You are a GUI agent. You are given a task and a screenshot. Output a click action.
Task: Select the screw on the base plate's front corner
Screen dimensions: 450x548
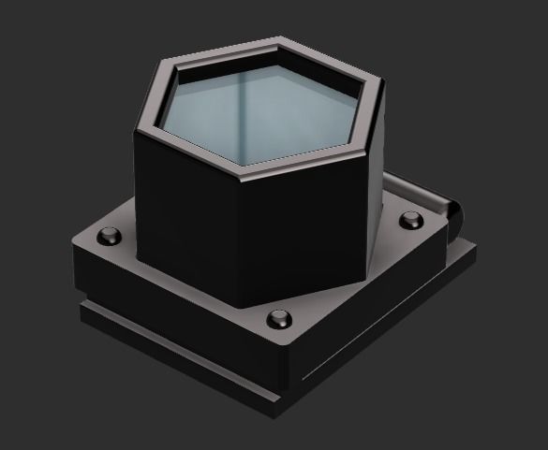(277, 318)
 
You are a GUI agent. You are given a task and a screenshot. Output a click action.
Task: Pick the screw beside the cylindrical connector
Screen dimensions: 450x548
(411, 221)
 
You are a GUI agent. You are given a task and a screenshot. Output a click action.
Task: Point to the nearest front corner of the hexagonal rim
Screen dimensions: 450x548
(249, 174)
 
